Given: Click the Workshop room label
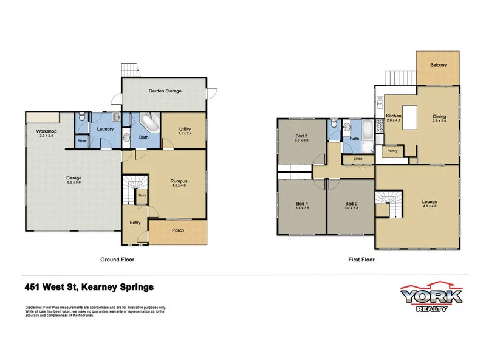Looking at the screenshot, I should pos(46,131).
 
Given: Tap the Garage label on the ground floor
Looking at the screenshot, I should pos(74,178).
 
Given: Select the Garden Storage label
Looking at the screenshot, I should pos(165,91).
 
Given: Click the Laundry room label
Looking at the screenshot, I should pos(106,129).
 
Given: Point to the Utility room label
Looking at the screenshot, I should pos(185,128).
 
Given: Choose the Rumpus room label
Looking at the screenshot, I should pos(179,181).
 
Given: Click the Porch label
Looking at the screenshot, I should pos(178,230).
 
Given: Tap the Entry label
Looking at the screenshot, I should pos(135,223).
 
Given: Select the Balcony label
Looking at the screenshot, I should pos(438,65).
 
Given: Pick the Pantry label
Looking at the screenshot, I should pos(392,152).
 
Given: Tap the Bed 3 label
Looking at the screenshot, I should pos(301,136).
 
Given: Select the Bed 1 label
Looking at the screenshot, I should pos(301,203).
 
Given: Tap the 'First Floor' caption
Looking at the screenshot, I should pos(362,260).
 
